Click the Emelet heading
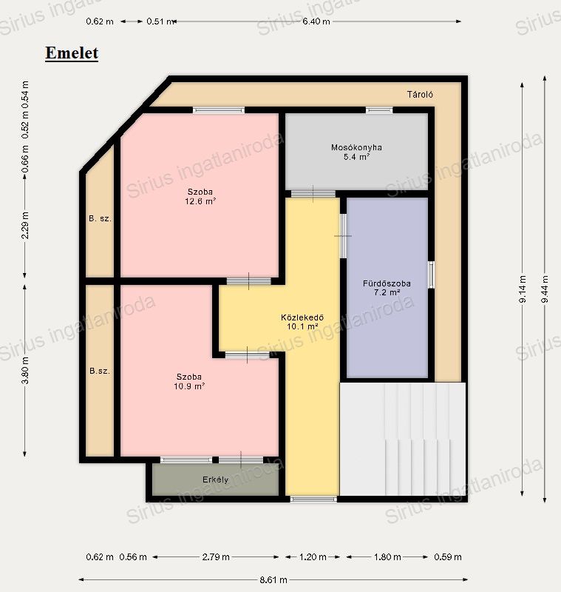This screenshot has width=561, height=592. click(x=72, y=53)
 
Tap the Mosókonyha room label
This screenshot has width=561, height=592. click(x=356, y=147)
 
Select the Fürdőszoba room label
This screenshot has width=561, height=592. click(x=387, y=283)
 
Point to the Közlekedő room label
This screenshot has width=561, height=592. click(x=302, y=317)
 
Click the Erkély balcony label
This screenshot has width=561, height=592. click(x=215, y=480)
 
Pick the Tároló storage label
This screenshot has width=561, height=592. click(x=420, y=95)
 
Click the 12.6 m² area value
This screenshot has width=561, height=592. click(x=200, y=201)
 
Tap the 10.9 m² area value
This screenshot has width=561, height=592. click(x=189, y=386)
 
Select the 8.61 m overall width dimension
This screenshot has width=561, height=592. click(x=273, y=579)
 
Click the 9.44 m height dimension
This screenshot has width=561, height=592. click(x=545, y=289)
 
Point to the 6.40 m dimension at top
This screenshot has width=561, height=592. click(x=316, y=21)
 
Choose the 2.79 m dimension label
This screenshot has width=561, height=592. click(x=216, y=557)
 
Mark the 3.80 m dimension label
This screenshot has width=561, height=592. click(x=25, y=370)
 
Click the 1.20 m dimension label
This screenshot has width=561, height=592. click(x=313, y=557)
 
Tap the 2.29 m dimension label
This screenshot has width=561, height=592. click(x=25, y=226)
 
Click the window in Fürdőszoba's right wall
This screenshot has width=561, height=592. click(x=431, y=275)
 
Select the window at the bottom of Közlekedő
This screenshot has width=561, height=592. click(x=313, y=499)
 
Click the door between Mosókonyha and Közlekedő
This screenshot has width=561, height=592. click(x=313, y=194)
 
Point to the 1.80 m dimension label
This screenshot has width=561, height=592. click(x=387, y=557)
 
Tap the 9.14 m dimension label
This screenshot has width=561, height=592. click(x=523, y=289)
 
